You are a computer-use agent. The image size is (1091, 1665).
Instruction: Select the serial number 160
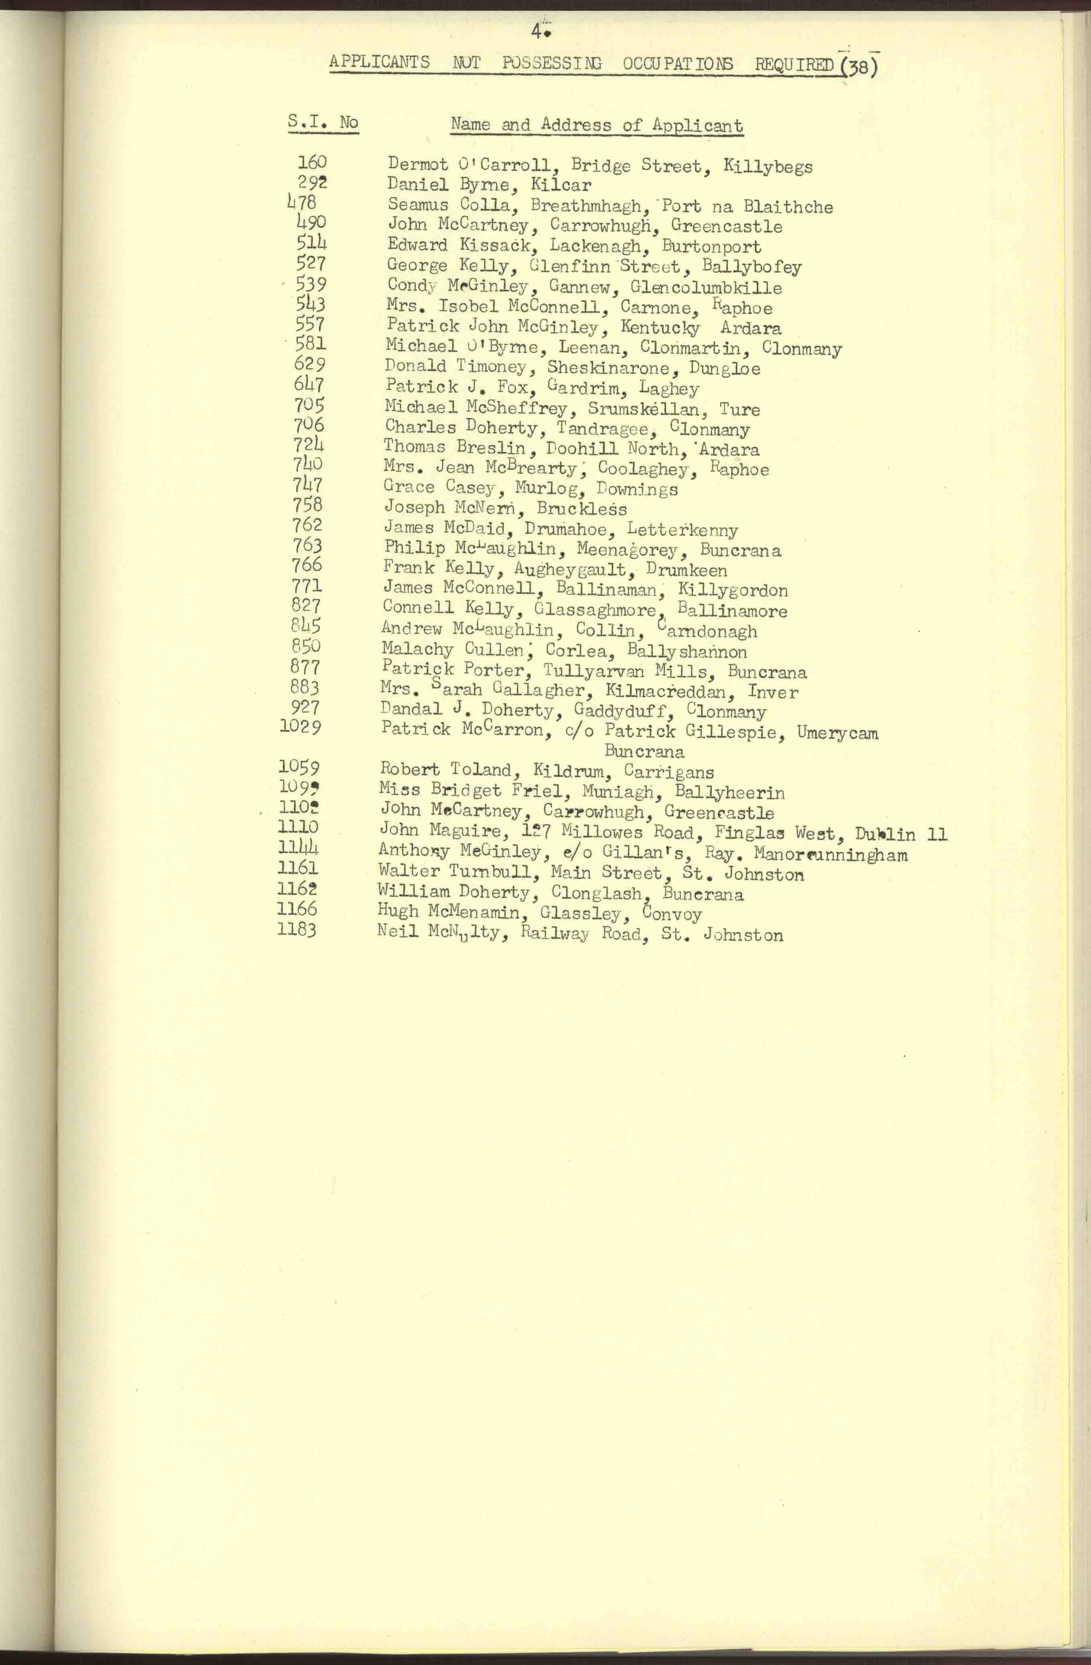click(312, 163)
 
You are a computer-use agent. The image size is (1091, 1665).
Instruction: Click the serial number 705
click(309, 405)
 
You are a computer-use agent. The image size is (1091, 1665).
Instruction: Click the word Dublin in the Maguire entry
click(885, 834)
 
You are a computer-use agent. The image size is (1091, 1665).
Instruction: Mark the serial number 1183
click(297, 930)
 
